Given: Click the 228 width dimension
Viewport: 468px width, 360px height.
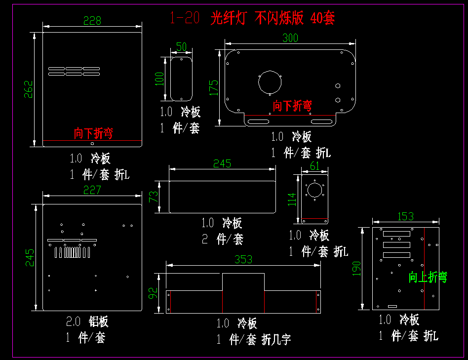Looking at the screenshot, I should (x=92, y=20).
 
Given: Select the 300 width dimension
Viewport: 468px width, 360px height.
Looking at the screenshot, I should (x=290, y=38).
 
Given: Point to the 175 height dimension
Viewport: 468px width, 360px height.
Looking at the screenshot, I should (x=213, y=87).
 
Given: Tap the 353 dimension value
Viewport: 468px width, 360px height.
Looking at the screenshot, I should (x=243, y=259).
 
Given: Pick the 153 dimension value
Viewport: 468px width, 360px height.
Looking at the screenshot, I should (x=405, y=216).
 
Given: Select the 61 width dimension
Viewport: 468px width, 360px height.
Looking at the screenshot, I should (x=314, y=166).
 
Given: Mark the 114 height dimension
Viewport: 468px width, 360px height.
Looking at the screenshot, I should (x=292, y=200).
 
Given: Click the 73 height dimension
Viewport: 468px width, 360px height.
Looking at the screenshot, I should (x=154, y=197).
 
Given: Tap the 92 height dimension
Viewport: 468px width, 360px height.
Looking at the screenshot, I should (x=154, y=294).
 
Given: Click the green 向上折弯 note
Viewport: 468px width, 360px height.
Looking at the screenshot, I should (x=428, y=277).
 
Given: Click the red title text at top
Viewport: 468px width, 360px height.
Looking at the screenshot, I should (x=252, y=19).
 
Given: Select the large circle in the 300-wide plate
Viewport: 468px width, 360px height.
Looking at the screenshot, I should (x=270, y=82).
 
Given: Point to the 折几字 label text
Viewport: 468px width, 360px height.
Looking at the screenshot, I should (x=276, y=339).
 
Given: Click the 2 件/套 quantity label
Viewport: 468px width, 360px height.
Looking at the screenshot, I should (x=223, y=240).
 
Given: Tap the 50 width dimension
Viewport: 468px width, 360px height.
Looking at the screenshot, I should (x=181, y=47).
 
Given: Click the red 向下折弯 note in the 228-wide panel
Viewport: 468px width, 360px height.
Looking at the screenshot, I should (x=93, y=133).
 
